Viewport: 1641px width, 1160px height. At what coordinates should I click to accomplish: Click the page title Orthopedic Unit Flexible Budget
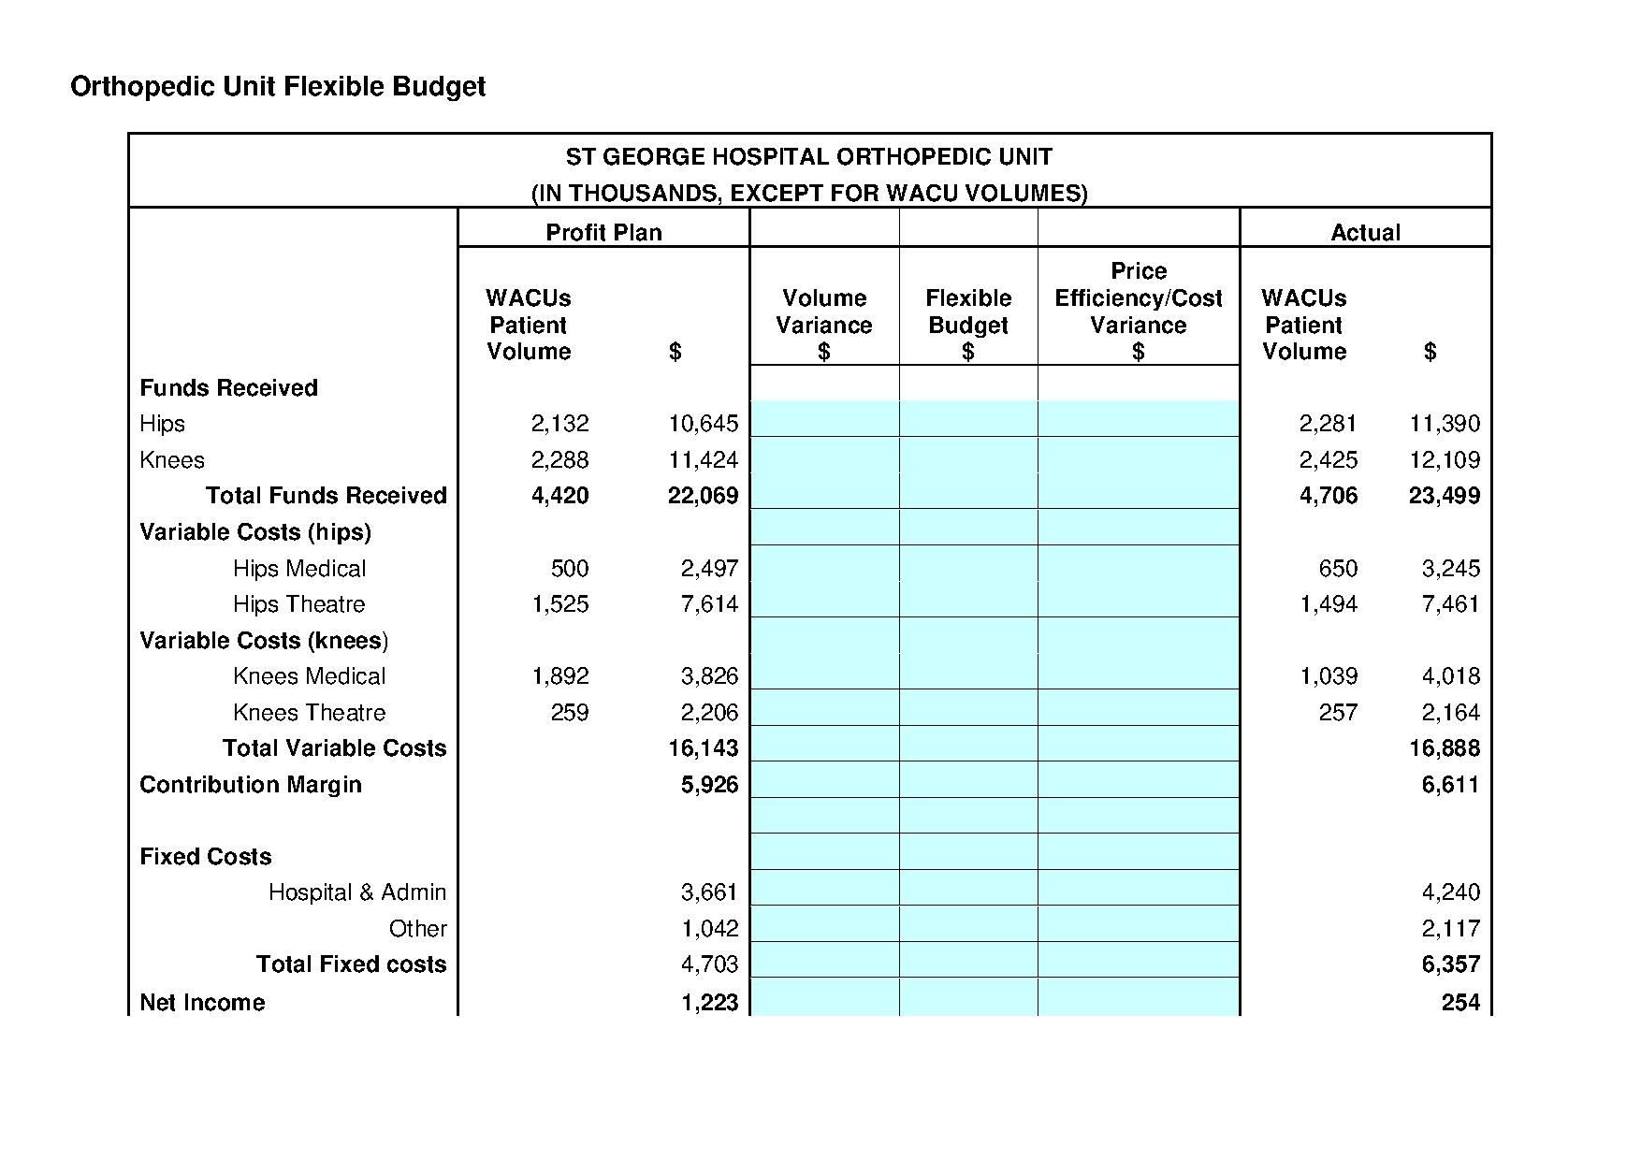[278, 87]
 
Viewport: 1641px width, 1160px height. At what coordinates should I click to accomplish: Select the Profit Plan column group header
[603, 232]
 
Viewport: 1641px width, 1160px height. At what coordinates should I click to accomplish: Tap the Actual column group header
[1365, 232]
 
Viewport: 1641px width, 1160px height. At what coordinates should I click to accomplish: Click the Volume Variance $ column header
[823, 325]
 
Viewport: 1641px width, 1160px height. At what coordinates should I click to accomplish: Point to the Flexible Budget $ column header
[968, 325]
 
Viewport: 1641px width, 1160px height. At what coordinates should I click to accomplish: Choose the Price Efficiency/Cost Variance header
[1138, 312]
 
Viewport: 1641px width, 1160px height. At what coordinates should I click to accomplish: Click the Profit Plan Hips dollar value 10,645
[703, 424]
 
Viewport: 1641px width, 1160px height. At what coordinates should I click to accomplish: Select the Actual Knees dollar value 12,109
[1445, 460]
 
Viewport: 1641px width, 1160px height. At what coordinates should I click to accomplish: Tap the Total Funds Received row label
[326, 496]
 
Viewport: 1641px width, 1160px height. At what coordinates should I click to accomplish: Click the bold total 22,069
[703, 496]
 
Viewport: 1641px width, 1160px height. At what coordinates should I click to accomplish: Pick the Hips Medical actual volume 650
[1338, 569]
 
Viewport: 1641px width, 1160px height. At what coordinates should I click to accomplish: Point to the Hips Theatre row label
[298, 604]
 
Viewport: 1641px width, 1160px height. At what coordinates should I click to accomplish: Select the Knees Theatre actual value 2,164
[1450, 713]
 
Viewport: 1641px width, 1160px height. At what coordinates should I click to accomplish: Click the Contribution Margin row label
[250, 785]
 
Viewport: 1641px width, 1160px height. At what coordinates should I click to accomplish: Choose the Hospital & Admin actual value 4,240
[1450, 892]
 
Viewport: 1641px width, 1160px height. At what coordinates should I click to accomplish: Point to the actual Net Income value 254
[1460, 1003]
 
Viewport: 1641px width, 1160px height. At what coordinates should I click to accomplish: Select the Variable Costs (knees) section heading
[263, 641]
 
